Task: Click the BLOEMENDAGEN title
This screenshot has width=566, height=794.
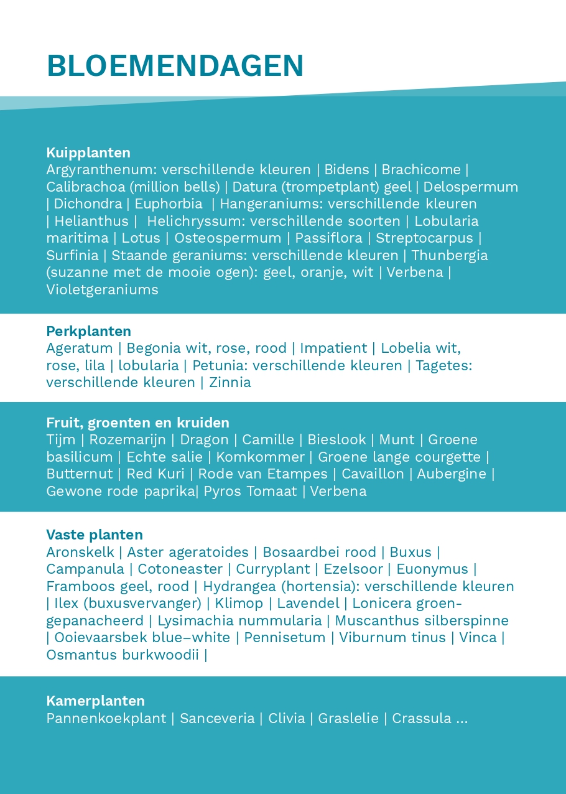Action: pos(175,66)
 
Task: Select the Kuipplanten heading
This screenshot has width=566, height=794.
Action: pos(88,152)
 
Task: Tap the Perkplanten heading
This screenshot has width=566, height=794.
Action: pos(88,331)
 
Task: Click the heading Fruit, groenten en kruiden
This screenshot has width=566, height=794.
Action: pos(137,423)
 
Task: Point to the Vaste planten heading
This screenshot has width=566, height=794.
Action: pos(95,535)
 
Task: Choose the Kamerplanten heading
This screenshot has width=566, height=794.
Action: pos(95,701)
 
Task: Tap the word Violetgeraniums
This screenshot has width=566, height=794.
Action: pos(102,290)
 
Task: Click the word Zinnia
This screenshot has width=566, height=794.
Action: pos(230,383)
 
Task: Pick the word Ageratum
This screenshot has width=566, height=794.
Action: pos(80,348)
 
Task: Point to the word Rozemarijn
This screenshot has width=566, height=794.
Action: pos(128,440)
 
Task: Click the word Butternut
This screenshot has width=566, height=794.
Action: pos(80,474)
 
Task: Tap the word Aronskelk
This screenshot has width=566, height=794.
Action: pos(80,553)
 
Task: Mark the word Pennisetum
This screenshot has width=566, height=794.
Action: pos(284,638)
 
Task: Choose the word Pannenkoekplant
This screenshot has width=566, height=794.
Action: pos(106,719)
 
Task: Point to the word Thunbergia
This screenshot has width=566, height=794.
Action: pos(449,256)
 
